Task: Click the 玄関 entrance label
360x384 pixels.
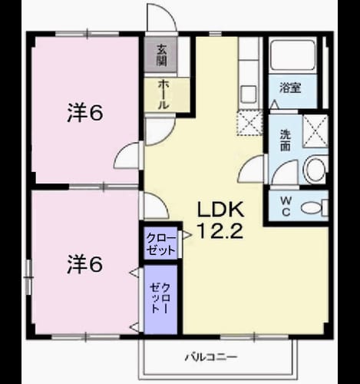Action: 161,55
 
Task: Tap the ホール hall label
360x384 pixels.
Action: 163,94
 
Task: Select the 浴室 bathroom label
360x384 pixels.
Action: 290,88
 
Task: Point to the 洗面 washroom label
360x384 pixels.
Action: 285,141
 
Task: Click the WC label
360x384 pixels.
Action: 286,207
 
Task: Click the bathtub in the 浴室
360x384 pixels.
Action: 292,55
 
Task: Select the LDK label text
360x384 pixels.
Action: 220,210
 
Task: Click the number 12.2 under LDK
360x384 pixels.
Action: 220,230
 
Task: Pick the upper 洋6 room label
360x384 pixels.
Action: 85,113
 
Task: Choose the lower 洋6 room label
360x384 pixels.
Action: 85,264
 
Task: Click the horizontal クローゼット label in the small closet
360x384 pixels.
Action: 161,244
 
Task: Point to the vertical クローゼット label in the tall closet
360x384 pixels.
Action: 160,298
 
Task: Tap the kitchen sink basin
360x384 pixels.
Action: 249,94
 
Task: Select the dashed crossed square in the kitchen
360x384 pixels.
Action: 249,123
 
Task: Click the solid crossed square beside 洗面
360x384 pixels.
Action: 315,131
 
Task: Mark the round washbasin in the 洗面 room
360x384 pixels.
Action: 315,170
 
